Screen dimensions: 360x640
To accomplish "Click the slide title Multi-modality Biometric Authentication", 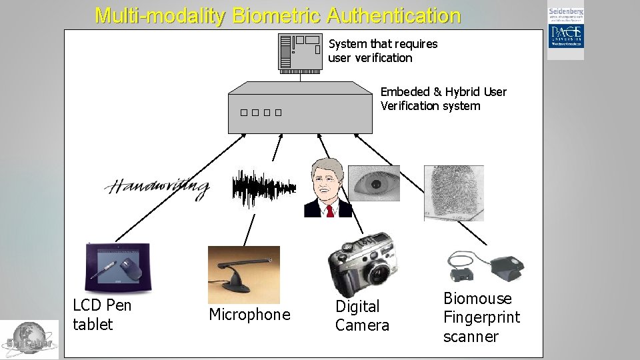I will pyautogui.click(x=277, y=15).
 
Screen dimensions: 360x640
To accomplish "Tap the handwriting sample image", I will pyautogui.click(x=157, y=187).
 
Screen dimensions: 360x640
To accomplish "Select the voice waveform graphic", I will pyautogui.click(x=263, y=186).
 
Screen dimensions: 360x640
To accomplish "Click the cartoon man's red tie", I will pyautogui.click(x=329, y=211).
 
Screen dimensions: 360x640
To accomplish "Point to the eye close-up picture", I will pyautogui.click(x=375, y=183).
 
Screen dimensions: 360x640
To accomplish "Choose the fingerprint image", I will pyautogui.click(x=453, y=192).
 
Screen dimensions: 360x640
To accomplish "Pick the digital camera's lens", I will pyautogui.click(x=379, y=272).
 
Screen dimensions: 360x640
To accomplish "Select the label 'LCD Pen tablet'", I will pyautogui.click(x=102, y=315).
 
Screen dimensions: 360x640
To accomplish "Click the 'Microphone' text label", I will pyautogui.click(x=249, y=315).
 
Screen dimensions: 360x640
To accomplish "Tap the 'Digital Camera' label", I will pyautogui.click(x=362, y=316).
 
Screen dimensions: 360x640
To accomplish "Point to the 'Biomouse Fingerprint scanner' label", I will pyautogui.click(x=481, y=317).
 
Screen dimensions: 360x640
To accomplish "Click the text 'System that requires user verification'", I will pyautogui.click(x=383, y=51).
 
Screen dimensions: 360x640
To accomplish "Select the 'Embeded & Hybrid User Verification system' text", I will pyautogui.click(x=443, y=99).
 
